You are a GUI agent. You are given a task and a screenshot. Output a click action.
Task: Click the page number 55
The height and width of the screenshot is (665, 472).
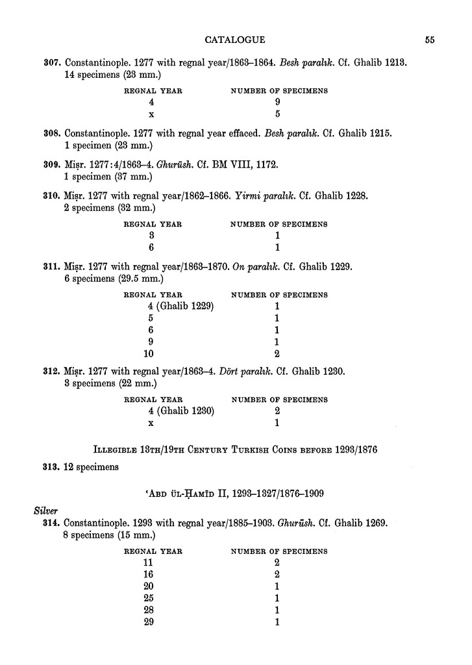[430, 40]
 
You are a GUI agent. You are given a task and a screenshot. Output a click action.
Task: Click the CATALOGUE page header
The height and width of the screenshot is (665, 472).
[234, 40]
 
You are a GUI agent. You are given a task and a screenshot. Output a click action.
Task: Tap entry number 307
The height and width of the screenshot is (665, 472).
[52, 63]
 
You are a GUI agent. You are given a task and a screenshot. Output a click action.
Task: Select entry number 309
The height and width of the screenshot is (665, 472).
[52, 165]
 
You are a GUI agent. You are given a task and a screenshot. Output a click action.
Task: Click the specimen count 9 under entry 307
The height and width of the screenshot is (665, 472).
[277, 103]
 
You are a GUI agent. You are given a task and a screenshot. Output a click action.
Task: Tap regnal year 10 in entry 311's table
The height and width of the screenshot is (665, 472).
[151, 354]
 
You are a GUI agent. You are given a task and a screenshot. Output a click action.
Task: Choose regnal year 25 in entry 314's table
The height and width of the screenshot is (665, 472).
[151, 598]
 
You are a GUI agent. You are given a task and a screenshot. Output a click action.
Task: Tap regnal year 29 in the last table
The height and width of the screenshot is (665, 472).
[151, 622]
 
